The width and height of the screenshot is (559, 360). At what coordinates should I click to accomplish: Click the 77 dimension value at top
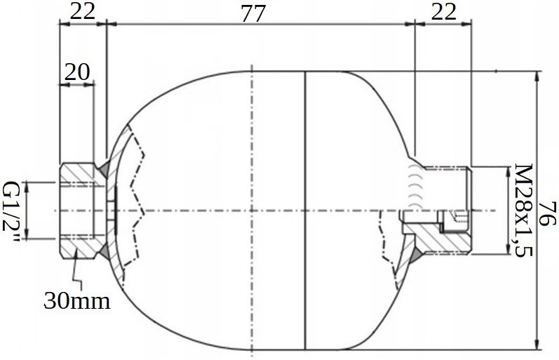253,13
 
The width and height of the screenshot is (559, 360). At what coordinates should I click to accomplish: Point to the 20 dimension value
77,72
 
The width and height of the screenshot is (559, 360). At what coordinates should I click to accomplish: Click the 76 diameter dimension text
547,213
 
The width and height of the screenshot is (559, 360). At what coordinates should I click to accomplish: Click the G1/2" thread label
11,211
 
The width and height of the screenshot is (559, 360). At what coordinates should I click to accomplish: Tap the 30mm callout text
77,300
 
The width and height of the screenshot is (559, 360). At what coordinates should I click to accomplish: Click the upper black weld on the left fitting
104,168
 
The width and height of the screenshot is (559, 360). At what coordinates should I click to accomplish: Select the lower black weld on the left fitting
104,251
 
